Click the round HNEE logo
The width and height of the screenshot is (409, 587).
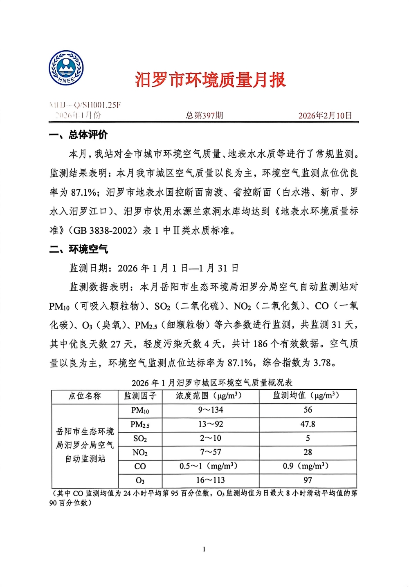click(x=66, y=68)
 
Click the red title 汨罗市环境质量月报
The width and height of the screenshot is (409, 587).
click(x=210, y=80)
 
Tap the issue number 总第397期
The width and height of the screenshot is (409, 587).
click(x=204, y=116)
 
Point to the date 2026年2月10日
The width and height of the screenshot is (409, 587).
click(x=325, y=116)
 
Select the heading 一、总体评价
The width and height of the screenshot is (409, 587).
click(x=78, y=135)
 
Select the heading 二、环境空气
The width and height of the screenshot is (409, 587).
click(x=78, y=249)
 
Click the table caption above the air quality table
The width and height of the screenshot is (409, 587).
click(x=212, y=383)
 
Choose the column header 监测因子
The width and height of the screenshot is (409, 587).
click(x=140, y=396)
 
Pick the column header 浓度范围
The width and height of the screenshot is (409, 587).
click(x=210, y=396)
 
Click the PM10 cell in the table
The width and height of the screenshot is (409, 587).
click(x=140, y=411)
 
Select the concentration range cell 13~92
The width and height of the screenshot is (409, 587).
click(x=210, y=424)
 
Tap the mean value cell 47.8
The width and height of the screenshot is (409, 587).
click(x=308, y=424)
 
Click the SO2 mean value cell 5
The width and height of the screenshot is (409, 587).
click(x=308, y=438)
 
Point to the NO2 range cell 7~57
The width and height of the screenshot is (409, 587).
click(x=210, y=452)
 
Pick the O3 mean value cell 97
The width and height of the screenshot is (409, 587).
click(x=308, y=480)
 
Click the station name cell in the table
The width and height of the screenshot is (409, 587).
click(x=85, y=445)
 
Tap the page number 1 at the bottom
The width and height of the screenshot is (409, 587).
click(x=204, y=549)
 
